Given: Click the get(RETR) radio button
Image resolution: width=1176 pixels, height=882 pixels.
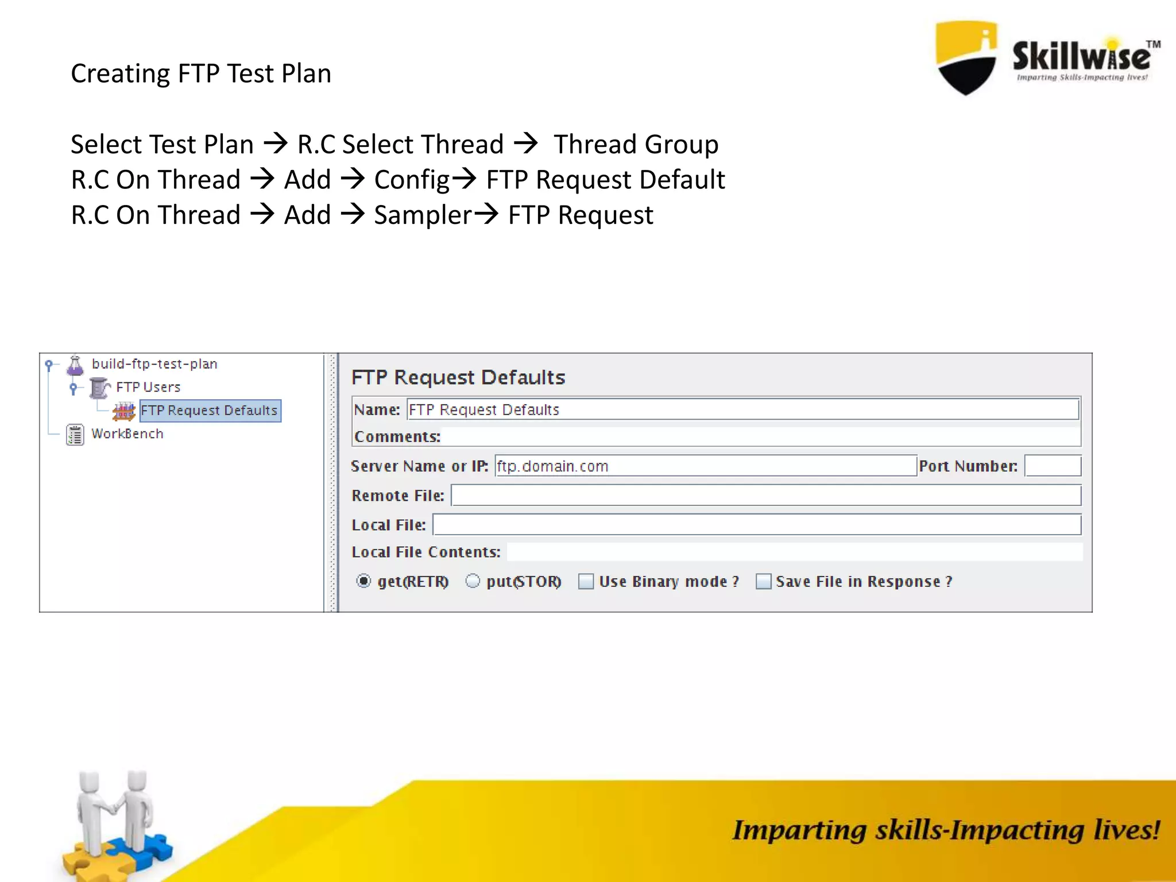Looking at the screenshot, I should coord(363,581).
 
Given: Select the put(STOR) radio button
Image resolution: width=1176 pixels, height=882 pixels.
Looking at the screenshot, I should coord(473,581).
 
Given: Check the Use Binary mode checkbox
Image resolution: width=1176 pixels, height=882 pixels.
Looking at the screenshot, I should coord(586,581).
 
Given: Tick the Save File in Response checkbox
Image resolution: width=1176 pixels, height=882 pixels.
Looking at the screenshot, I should coord(763,581).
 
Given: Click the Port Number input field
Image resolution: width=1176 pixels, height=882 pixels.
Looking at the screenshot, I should coord(1053,466).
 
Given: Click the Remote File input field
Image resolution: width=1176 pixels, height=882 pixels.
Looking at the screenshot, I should coord(765,495).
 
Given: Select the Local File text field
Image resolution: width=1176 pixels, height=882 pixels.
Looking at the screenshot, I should coord(756,524).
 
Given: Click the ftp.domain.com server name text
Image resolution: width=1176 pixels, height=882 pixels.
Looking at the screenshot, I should coord(552,466).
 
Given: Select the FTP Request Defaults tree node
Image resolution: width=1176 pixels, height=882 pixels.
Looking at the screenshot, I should coord(209,411).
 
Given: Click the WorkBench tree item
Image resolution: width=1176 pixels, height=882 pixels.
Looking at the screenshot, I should coord(127,434).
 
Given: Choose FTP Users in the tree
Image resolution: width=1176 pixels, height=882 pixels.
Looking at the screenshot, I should coord(148,388).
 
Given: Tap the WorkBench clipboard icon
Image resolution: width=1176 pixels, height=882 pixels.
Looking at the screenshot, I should coord(75,435).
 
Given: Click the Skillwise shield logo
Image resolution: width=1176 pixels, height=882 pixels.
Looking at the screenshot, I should coord(966,57).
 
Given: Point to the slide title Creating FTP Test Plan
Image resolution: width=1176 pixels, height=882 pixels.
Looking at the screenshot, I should coord(201,73).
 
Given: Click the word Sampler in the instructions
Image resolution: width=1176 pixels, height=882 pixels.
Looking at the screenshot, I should coord(423,215).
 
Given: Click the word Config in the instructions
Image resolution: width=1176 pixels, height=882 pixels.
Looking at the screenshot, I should coord(412,180).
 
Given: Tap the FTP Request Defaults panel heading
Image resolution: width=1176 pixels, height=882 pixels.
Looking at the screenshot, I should coord(458,377).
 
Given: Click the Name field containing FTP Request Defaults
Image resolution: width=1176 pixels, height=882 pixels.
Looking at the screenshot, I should coord(742,409).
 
